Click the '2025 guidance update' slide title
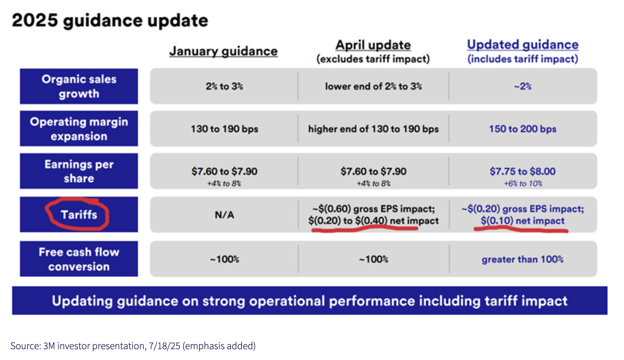(110, 20)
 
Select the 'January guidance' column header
(223, 51)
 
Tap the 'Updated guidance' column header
(523, 45)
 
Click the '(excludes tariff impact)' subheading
(373, 59)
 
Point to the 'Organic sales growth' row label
(79, 87)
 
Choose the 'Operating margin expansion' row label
(79, 129)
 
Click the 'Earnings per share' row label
(79, 171)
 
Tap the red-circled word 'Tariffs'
(79, 215)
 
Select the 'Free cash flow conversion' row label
(79, 259)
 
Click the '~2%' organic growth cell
(523, 87)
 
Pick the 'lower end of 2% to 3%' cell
(373, 87)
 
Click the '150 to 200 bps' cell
(523, 129)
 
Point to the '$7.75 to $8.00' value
(523, 171)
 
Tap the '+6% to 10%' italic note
(523, 183)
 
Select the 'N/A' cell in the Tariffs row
(224, 215)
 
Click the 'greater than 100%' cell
(523, 260)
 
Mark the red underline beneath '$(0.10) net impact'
(521, 229)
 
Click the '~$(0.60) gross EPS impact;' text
(373, 209)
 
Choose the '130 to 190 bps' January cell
(224, 129)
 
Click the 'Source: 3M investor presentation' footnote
(133, 346)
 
